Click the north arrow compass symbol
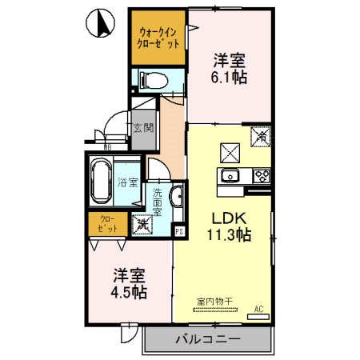click(x=102, y=24)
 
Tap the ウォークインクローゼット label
click(x=158, y=37)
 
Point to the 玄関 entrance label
click(x=142, y=126)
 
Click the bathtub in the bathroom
click(x=102, y=181)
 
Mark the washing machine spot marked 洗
click(x=142, y=226)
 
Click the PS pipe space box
click(x=179, y=232)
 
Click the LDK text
click(x=226, y=218)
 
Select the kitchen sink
click(x=231, y=176)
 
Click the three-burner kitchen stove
click(x=262, y=176)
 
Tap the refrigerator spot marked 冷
click(x=262, y=136)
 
